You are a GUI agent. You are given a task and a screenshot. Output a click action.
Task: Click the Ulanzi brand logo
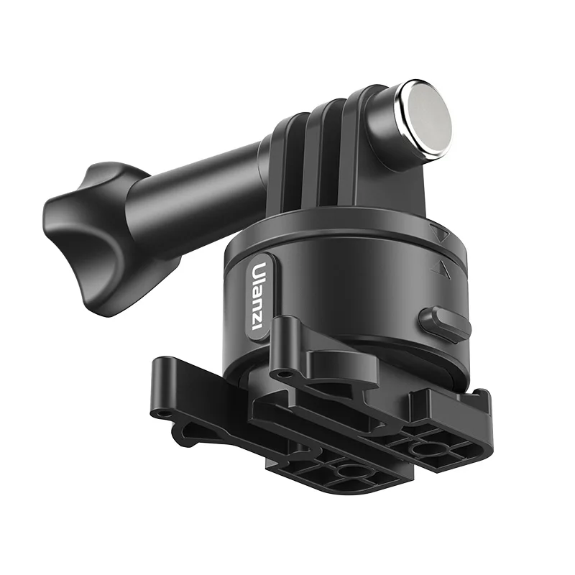[257, 295]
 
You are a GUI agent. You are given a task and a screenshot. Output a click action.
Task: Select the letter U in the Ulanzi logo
[257, 272]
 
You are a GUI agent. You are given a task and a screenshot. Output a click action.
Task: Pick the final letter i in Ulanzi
[257, 325]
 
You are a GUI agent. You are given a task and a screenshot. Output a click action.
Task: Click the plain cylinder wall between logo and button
[338, 302]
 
